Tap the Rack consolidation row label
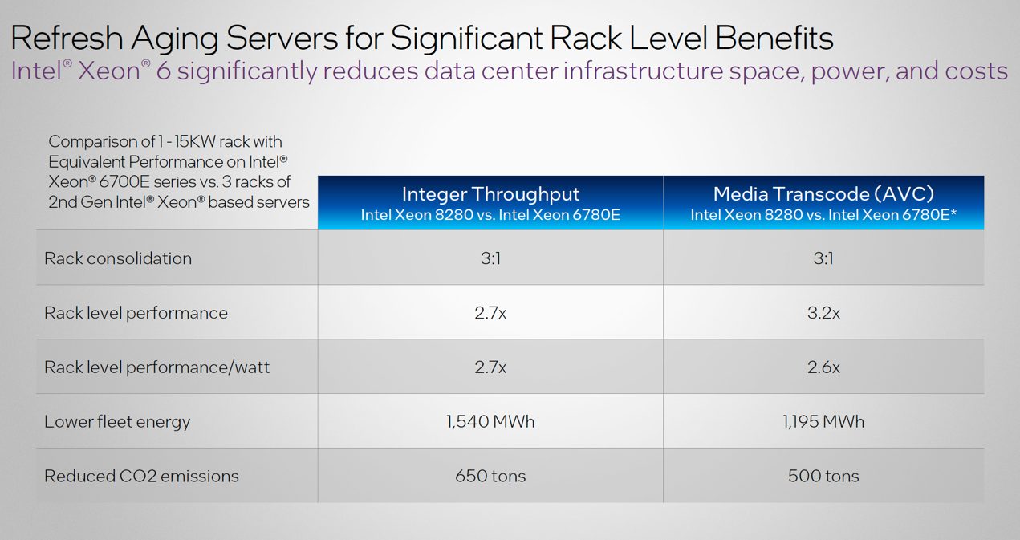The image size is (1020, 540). click(x=118, y=258)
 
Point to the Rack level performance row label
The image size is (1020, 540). click(x=136, y=313)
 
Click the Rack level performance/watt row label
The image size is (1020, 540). click(x=156, y=367)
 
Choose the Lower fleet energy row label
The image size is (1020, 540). click(x=117, y=422)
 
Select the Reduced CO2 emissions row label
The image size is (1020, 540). click(x=141, y=477)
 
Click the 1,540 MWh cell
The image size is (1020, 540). click(x=490, y=422)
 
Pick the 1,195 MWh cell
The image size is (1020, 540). click(x=823, y=422)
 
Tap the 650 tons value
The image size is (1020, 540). click(x=490, y=477)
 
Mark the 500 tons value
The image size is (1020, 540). click(x=823, y=477)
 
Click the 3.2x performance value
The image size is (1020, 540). click(x=823, y=313)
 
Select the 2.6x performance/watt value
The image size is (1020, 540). click(x=823, y=367)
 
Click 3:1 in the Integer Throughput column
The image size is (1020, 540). click(x=490, y=258)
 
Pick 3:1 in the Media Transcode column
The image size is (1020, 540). click(x=823, y=258)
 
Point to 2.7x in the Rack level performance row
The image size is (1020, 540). click(x=490, y=313)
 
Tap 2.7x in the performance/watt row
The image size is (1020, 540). click(x=490, y=367)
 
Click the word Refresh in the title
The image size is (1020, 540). click(x=66, y=38)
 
